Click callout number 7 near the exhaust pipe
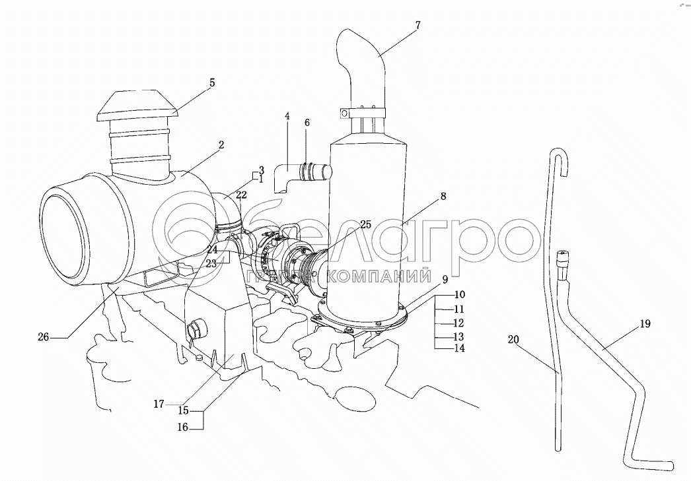[x=418, y=25]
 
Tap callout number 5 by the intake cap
[x=212, y=82]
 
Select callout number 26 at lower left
[x=43, y=338]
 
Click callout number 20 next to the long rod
[x=513, y=339]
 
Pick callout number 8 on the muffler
[x=443, y=196]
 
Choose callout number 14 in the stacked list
[x=458, y=348]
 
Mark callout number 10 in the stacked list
[x=460, y=294]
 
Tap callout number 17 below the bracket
[x=159, y=404]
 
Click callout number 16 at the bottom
[x=182, y=427]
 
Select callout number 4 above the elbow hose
[x=287, y=116]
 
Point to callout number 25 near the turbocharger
[x=365, y=224]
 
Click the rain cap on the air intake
[x=137, y=106]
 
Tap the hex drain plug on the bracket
[x=195, y=329]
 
